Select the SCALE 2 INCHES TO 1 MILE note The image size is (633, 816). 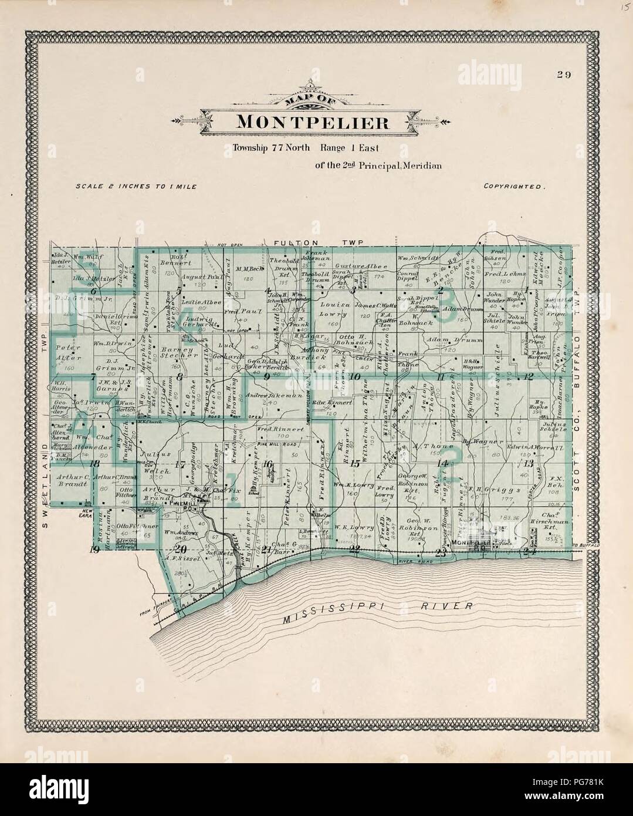(136, 186)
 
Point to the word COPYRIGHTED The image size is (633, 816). (514, 186)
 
